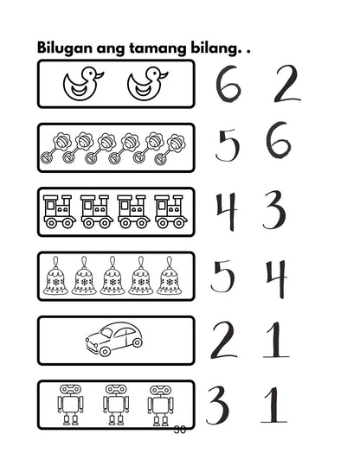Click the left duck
83,85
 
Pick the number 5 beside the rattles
227,147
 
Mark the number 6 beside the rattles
278,144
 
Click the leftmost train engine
60,211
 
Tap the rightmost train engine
170,211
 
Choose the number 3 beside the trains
275,209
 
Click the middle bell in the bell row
115,276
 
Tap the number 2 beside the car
223,340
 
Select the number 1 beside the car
277,340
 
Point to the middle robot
115,405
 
